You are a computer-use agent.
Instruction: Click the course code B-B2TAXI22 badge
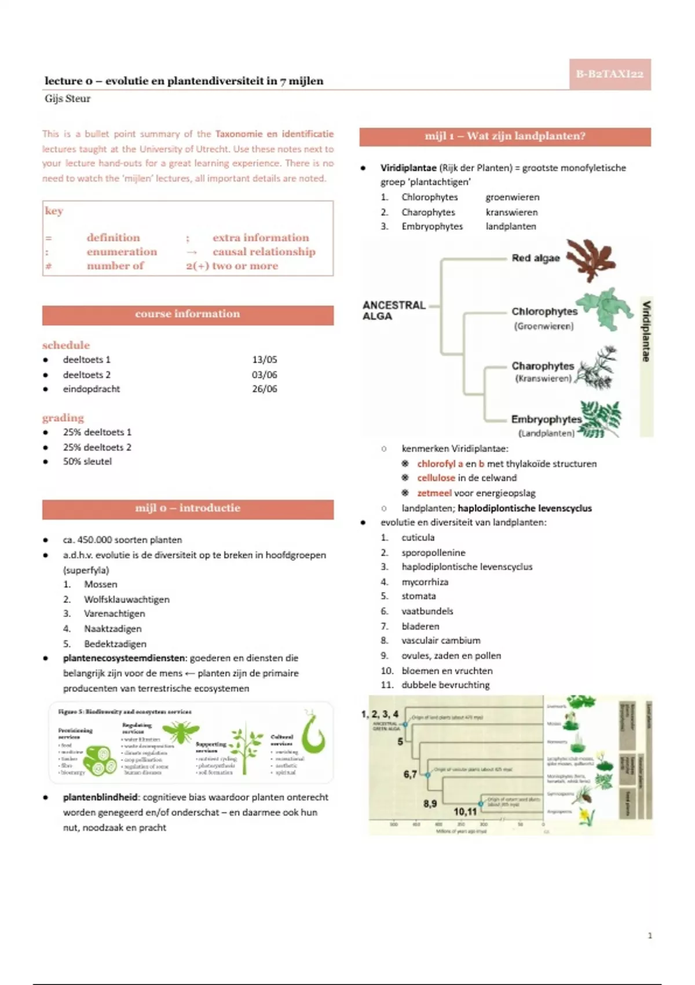(609, 74)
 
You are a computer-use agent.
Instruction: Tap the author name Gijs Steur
(67, 99)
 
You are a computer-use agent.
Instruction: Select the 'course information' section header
(188, 314)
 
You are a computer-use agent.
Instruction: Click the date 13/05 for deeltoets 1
(264, 360)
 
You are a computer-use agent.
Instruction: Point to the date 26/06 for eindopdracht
(264, 389)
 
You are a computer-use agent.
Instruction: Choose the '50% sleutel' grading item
(87, 462)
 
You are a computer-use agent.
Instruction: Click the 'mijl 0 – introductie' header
(188, 508)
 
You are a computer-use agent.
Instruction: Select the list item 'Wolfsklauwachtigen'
(127, 600)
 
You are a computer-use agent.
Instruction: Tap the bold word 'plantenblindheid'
(100, 797)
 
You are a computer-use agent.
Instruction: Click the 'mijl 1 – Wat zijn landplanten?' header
(504, 136)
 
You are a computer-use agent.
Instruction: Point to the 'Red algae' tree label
(536, 258)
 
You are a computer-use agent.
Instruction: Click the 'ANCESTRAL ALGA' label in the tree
(394, 311)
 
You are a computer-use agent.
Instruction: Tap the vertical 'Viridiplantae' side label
(646, 331)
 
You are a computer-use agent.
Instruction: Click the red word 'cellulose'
(436, 478)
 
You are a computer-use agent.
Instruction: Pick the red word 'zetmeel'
(434, 493)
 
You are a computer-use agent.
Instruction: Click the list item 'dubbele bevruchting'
(445, 685)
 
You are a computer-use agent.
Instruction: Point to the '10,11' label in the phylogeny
(465, 811)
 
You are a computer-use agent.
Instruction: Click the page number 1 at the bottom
(649, 935)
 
